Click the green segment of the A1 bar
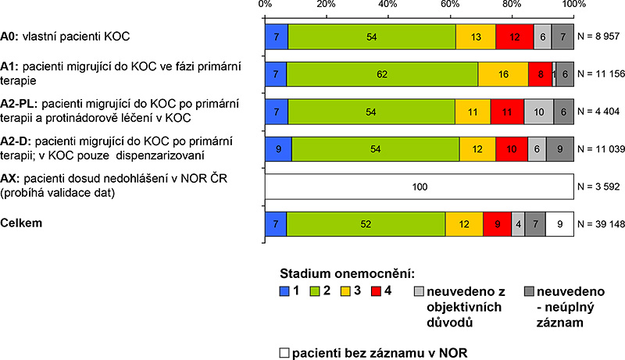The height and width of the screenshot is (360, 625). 383,74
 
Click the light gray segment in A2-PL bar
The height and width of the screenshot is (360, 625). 539,112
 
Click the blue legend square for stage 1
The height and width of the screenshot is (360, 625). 285,291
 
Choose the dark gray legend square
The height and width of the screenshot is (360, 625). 507,291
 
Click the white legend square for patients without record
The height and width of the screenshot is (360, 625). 284,352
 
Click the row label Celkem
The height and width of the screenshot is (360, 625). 21,223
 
